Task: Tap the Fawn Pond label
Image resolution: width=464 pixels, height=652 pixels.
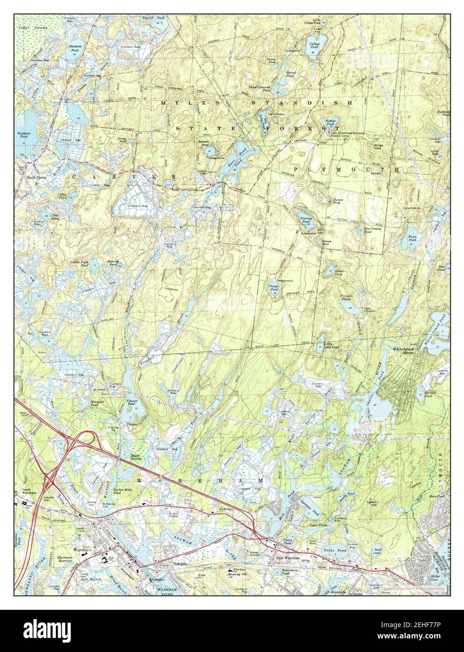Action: tap(413, 238)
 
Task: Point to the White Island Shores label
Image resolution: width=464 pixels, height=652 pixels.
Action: tap(403, 351)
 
